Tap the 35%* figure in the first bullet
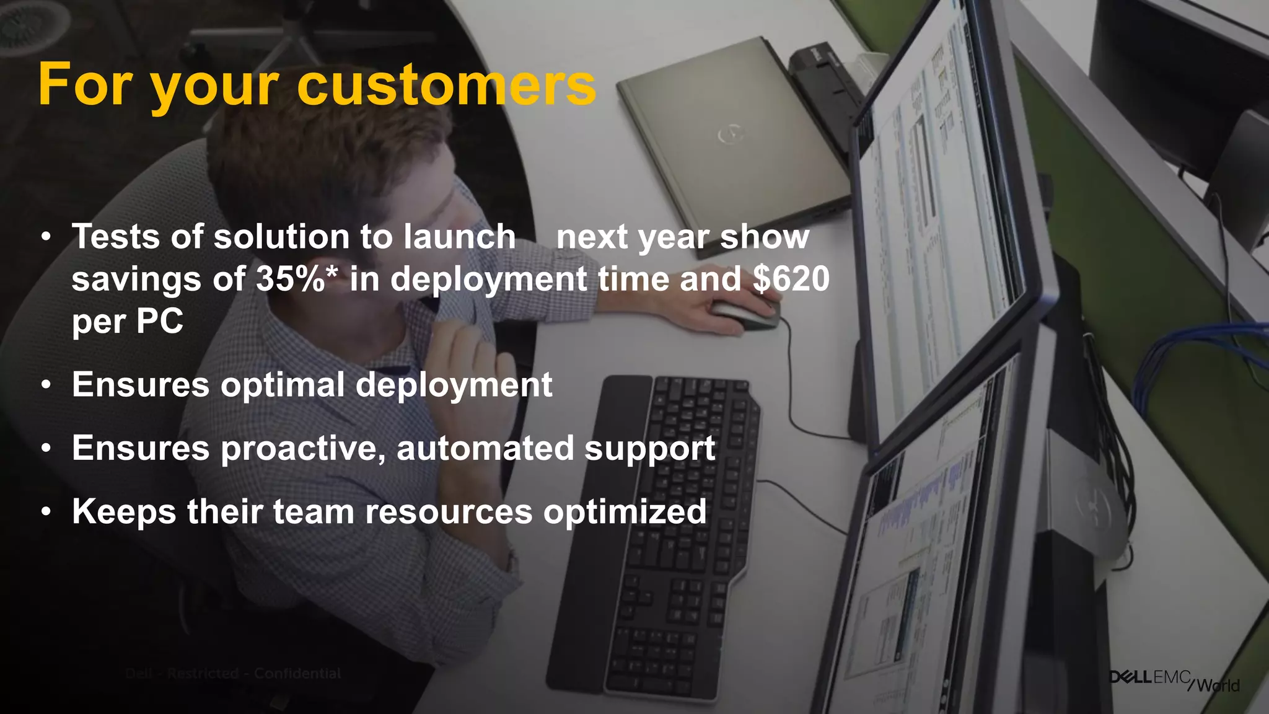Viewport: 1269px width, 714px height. point(296,279)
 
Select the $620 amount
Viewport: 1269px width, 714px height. point(791,279)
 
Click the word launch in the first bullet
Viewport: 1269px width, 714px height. point(459,237)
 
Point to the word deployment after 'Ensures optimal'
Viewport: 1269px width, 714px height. point(453,385)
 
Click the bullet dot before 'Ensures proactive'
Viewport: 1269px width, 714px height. point(46,449)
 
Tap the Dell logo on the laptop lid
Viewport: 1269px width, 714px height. point(729,134)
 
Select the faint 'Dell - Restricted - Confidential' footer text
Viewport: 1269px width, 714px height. point(233,674)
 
